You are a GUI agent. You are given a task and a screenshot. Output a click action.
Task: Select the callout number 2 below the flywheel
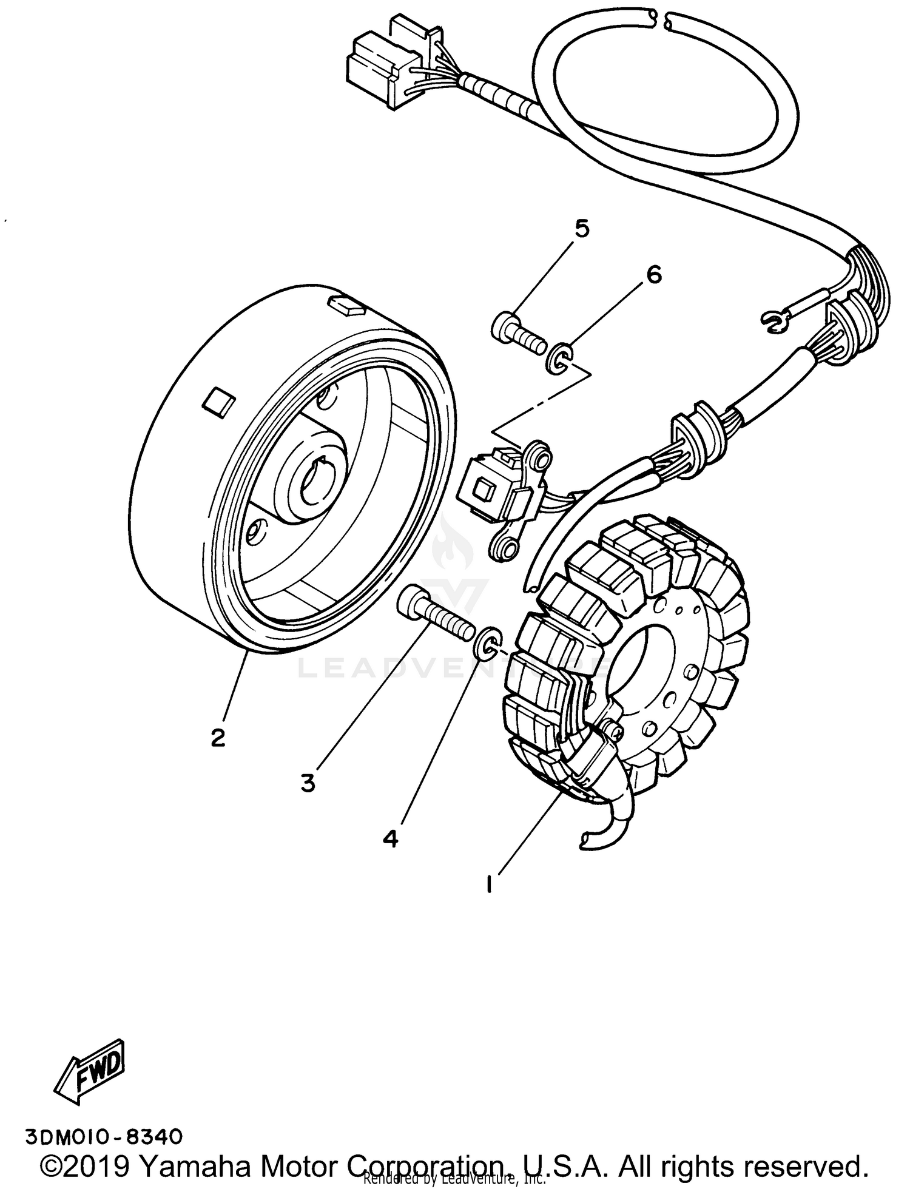(218, 738)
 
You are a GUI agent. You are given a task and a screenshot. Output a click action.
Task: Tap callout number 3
(308, 784)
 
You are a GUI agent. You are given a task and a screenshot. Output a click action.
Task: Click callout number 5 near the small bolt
(581, 229)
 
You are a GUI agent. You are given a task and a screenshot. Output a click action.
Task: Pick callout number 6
(653, 275)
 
